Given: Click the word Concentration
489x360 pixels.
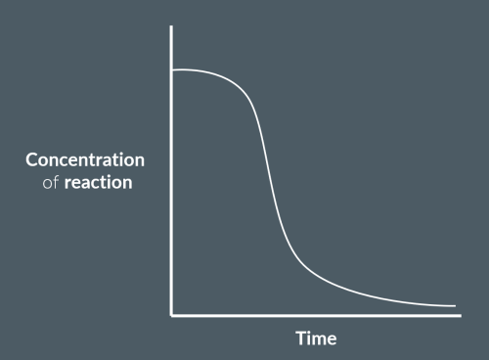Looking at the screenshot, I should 85,159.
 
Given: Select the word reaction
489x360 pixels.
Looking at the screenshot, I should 99,183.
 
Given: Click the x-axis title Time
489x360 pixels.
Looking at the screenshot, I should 316,338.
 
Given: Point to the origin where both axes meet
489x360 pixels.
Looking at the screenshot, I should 172,315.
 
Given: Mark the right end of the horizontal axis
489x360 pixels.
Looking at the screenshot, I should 463,315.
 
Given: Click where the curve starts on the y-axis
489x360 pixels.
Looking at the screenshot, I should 173,70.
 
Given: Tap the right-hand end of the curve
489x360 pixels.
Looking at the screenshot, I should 455,306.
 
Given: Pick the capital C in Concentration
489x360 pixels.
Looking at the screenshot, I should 32,159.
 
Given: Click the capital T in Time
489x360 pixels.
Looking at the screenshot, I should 301,338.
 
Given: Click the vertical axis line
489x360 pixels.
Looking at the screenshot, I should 172,196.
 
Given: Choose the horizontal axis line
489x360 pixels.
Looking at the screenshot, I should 313,315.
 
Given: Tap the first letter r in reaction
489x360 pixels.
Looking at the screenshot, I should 68,184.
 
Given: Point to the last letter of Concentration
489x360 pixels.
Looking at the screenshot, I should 139,159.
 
